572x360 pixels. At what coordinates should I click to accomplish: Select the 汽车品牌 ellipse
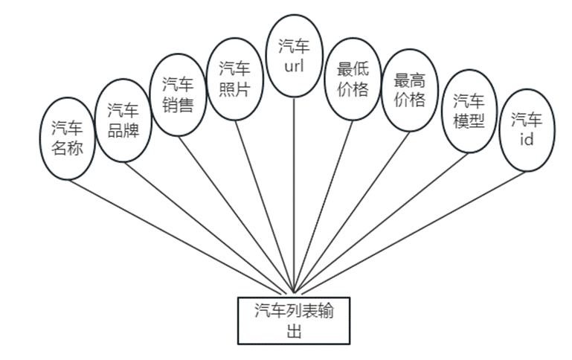[x=123, y=120]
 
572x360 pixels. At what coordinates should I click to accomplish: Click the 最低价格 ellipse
[x=353, y=80]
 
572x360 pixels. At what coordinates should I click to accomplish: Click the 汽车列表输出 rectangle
[x=293, y=321]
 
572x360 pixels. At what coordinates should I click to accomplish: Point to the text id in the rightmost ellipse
[x=526, y=139]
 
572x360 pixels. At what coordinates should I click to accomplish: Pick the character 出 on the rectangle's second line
[x=293, y=331]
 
